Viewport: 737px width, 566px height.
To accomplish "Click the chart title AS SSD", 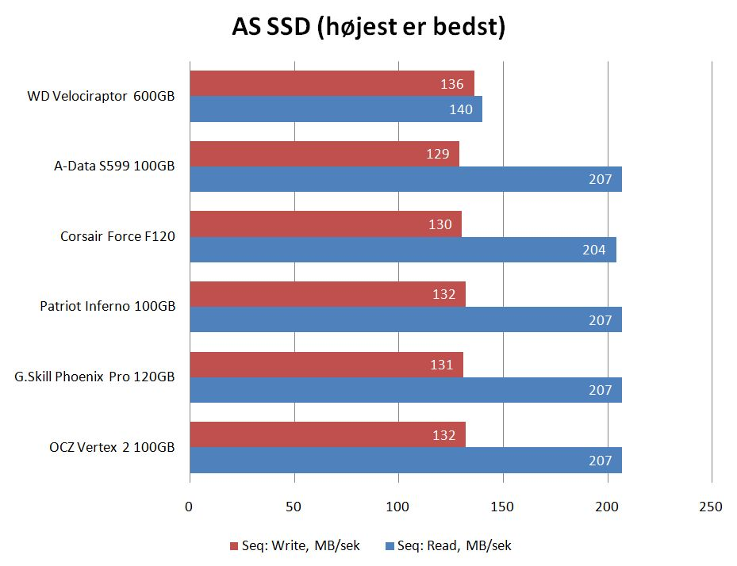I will click(x=369, y=27).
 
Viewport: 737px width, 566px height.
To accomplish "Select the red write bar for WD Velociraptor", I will click(x=332, y=84).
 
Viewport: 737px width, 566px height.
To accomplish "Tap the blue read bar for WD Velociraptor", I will click(x=336, y=109).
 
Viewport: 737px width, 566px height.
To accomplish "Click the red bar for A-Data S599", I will click(x=324, y=154).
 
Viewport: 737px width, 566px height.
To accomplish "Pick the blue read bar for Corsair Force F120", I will click(x=403, y=250).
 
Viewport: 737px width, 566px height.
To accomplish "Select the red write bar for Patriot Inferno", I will click(x=328, y=294).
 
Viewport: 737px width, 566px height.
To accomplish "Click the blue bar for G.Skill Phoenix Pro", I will click(x=405, y=390).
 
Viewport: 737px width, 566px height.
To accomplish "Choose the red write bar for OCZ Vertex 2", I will click(x=328, y=434).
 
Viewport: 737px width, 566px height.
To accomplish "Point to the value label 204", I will click(x=593, y=250).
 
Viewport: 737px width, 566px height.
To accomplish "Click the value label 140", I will click(x=460, y=109).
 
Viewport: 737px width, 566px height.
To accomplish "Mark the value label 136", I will click(x=451, y=84).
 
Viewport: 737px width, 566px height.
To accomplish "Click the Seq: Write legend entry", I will click(x=295, y=545).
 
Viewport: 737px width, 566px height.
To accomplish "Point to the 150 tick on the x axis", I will click(x=503, y=507).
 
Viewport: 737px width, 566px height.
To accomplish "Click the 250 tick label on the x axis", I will click(x=711, y=507).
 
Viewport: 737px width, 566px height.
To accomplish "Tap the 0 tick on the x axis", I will click(x=190, y=507).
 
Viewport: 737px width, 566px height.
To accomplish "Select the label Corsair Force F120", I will click(x=117, y=236).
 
